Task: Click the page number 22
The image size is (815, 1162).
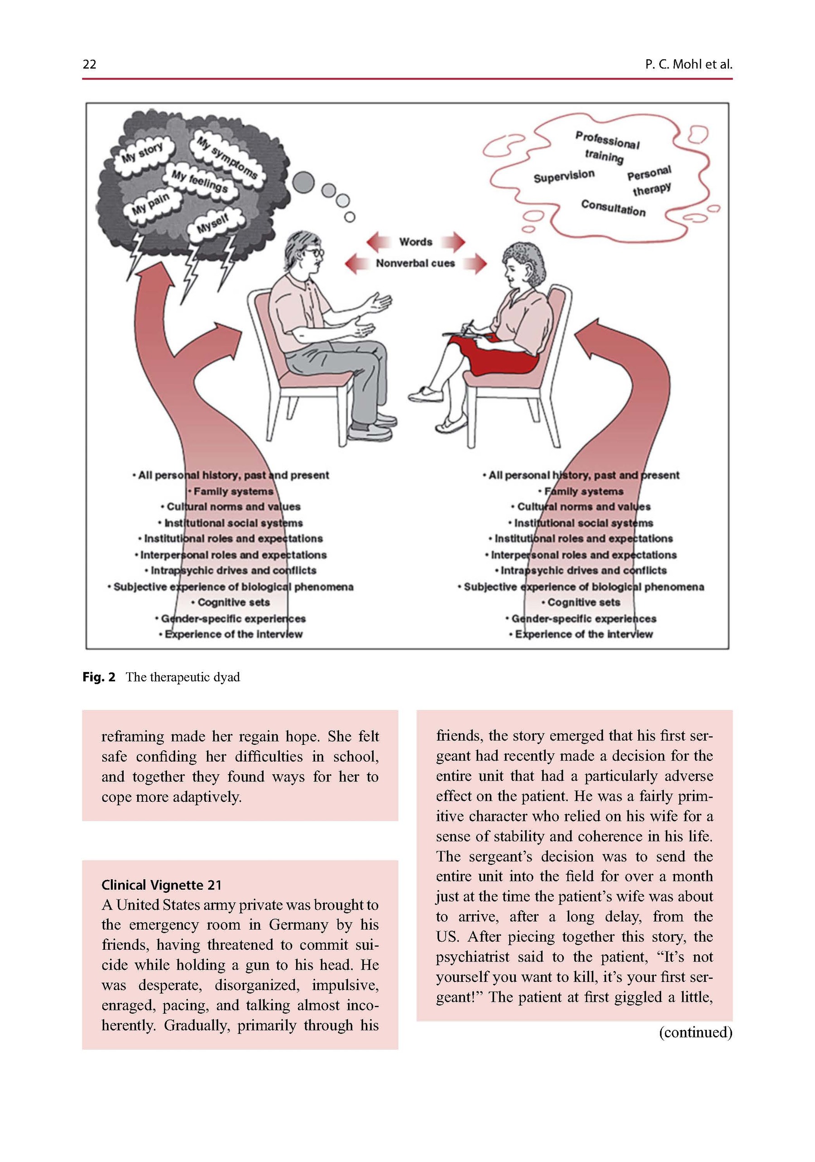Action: [x=89, y=64]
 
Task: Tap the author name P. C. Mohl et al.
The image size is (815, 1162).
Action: [x=688, y=64]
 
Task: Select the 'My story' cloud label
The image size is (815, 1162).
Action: [x=142, y=152]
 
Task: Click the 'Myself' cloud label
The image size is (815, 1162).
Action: [x=212, y=223]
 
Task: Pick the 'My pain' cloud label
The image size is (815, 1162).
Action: [x=150, y=204]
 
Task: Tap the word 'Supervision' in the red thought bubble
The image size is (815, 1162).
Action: [x=564, y=176]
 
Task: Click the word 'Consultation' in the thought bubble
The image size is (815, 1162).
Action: [x=613, y=208]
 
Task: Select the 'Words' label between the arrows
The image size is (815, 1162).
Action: [x=415, y=242]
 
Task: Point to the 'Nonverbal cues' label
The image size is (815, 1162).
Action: [x=415, y=263]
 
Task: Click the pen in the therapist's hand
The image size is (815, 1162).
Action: [x=468, y=326]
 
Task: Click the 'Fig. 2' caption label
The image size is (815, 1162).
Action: [x=99, y=677]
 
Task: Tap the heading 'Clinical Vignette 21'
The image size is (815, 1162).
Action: [x=161, y=885]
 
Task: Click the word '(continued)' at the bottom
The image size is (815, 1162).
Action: [x=695, y=1032]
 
